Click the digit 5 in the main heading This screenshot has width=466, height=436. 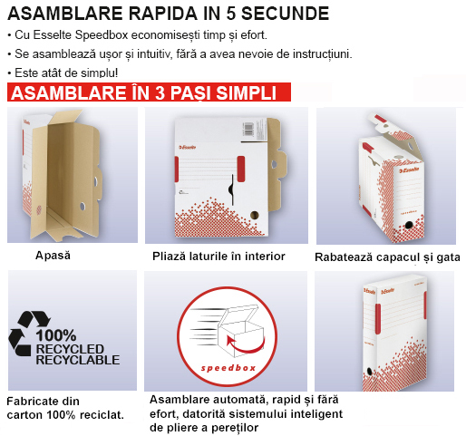tap(230, 14)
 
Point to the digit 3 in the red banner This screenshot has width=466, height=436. tap(160, 92)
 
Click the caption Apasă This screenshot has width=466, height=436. tap(53, 256)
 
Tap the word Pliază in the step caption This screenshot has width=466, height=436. tap(170, 257)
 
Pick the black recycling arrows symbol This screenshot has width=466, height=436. tap(29, 334)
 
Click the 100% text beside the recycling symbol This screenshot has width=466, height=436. tap(56, 335)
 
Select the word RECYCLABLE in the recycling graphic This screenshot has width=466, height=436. tap(78, 360)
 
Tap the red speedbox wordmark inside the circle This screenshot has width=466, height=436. tap(228, 368)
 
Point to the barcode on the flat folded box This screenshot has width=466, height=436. tap(248, 130)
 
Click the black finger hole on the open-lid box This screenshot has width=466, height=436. tap(408, 225)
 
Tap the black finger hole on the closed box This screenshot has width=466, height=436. tap(369, 371)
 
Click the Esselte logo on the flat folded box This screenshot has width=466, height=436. tap(188, 147)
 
